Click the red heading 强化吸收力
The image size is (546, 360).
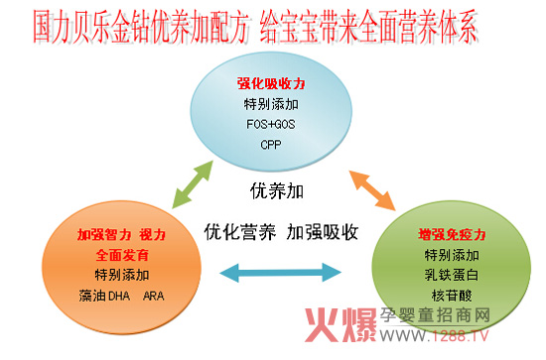[271, 83]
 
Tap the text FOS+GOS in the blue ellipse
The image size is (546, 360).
[271, 124]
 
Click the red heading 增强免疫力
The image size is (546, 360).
[452, 236]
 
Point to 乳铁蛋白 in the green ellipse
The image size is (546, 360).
[452, 275]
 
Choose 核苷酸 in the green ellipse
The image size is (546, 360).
[452, 295]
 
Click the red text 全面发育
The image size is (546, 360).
[120, 256]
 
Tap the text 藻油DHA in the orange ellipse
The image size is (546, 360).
[104, 296]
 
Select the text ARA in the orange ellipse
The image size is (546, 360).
[154, 296]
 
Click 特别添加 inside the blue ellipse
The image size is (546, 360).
[271, 104]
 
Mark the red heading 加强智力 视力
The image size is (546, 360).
[120, 236]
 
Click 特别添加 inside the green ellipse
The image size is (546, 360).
[452, 256]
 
